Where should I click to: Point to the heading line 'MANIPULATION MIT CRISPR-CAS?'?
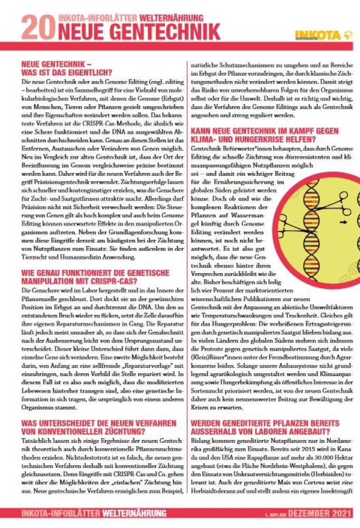[83, 281]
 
